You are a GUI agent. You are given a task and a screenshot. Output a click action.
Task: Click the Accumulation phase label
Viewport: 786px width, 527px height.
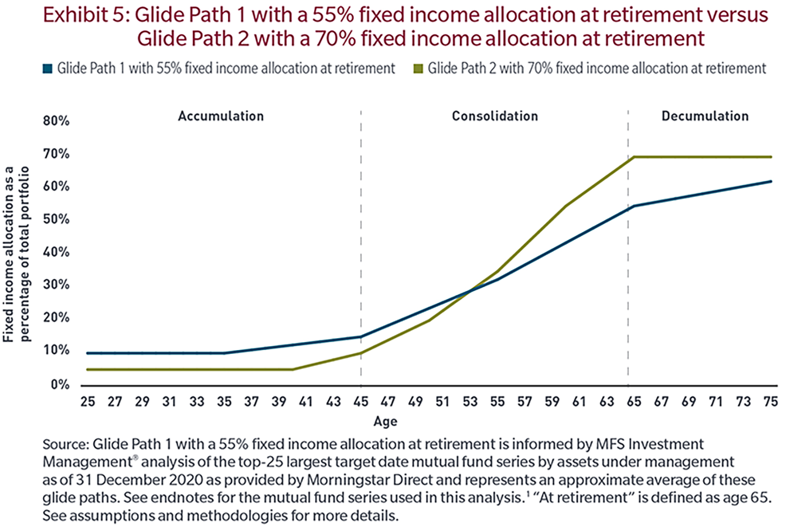coord(221,116)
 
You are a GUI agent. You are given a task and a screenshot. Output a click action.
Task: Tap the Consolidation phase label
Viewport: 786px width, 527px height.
coord(495,116)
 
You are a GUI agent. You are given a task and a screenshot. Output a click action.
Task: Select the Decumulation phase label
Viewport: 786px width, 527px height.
coord(705,116)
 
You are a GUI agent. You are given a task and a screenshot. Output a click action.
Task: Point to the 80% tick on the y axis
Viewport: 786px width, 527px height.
coord(56,121)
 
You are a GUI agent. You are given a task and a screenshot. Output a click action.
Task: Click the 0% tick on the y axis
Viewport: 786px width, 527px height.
coord(60,384)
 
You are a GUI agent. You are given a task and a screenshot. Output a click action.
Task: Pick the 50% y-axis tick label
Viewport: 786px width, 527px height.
coord(56,219)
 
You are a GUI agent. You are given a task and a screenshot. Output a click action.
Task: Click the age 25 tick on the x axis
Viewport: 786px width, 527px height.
coord(87,402)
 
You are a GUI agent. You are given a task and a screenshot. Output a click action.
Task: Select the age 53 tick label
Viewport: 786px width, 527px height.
coord(470,402)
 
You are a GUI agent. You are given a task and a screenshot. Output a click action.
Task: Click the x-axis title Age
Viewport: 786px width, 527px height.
coord(385,421)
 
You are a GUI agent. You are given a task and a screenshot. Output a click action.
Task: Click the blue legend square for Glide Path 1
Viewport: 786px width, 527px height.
coord(48,68)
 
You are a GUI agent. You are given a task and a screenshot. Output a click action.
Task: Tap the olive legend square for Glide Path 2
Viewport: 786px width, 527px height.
coord(418,68)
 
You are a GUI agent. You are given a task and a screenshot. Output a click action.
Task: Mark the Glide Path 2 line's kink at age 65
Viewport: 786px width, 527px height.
coord(634,157)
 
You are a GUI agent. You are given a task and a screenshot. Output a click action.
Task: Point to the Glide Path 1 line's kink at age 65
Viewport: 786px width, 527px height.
coord(634,206)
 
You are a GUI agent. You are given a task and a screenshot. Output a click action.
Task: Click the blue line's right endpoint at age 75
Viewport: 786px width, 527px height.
coord(771,181)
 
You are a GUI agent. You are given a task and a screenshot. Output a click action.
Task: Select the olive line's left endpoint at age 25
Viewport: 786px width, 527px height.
coord(87,369)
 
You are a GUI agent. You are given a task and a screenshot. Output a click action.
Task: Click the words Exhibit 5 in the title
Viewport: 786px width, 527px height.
coord(85,15)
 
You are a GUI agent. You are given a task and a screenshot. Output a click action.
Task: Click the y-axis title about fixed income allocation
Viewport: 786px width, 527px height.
coord(16,254)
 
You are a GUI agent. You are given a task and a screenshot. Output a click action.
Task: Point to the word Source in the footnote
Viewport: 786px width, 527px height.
coord(64,444)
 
